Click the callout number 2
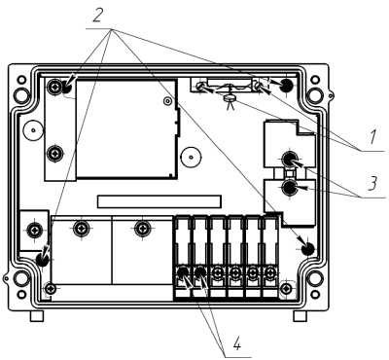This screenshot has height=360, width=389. tap(98, 16)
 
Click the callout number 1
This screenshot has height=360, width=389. tap(372, 137)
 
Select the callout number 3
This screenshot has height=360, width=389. tap(373, 184)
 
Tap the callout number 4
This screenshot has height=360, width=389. tap(237, 343)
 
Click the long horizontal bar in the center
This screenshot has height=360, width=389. tap(159, 201)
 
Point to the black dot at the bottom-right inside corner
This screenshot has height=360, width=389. tap(307, 249)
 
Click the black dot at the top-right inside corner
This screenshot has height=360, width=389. tap(286, 86)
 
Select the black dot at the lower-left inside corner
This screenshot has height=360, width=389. tap(42, 260)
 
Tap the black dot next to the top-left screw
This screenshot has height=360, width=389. tap(67, 87)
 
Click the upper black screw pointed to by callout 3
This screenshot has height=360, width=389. tap(289, 159)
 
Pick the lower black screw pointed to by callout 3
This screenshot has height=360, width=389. tap(289, 188)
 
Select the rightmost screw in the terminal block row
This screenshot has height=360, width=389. tap(269, 272)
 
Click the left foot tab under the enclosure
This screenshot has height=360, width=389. tap(37, 315)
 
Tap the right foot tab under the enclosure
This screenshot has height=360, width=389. tap(300, 315)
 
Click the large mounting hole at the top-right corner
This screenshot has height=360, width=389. tap(314, 94)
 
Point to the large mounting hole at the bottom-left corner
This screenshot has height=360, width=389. tap(21, 279)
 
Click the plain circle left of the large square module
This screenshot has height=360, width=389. tap(33, 130)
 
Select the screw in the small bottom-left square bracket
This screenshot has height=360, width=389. tap(34, 231)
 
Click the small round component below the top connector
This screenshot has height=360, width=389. tap(230, 97)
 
